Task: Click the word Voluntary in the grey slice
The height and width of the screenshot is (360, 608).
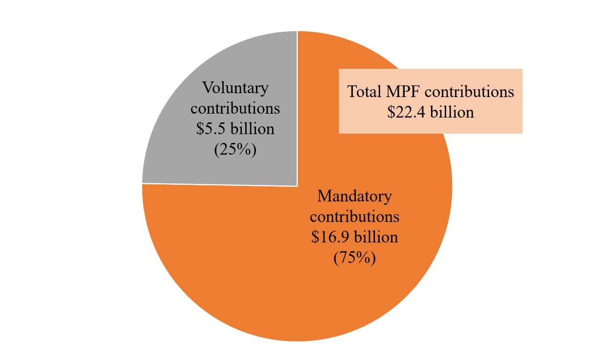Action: pos(235,88)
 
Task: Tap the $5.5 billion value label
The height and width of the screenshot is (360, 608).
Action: pos(235,129)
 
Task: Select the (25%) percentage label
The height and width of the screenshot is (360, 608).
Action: pos(235,149)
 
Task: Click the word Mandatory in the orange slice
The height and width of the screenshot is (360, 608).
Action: pos(354,197)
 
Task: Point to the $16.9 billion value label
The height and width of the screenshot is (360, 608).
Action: pos(354,238)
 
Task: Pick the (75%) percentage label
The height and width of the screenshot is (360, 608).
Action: pos(354,258)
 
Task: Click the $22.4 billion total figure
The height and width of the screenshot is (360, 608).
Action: pos(431,112)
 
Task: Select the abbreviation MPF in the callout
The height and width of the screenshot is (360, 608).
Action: pos(403,92)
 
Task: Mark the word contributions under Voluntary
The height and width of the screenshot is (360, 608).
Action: pos(235,108)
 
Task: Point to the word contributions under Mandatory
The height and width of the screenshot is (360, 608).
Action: pos(354,217)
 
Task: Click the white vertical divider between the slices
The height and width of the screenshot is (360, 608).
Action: pos(297,63)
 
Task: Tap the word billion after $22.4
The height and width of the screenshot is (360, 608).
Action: pos(451,112)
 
